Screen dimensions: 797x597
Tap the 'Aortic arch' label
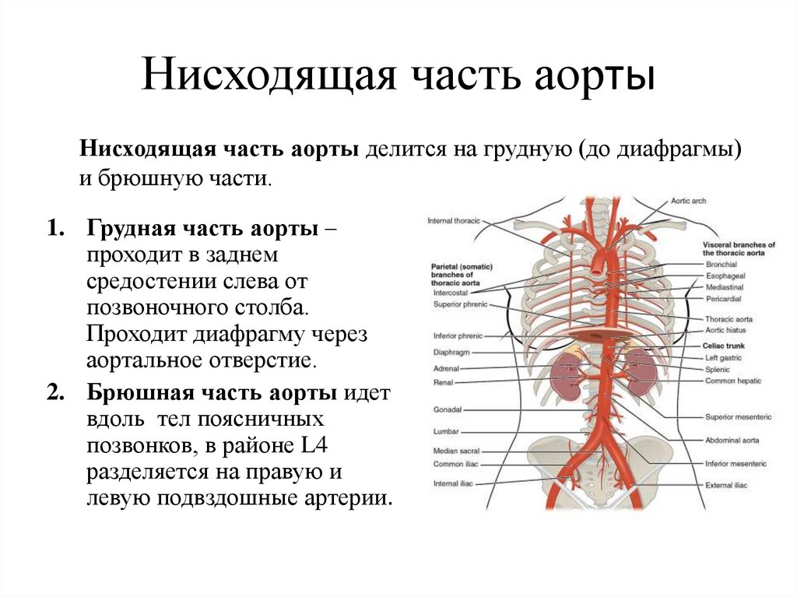pyautogui.click(x=688, y=201)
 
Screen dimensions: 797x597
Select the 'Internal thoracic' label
pyautogui.click(x=454, y=221)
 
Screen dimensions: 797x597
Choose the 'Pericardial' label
pyautogui.click(x=723, y=298)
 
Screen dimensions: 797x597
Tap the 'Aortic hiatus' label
pyautogui.click(x=725, y=331)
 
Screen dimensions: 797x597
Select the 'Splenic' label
pyautogui.click(x=718, y=369)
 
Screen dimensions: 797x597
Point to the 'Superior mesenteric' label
pyautogui.click(x=738, y=417)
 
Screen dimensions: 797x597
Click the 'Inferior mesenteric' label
pyautogui.click(x=736, y=463)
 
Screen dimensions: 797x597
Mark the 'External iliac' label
pyautogui.click(x=725, y=485)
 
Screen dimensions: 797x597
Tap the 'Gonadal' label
pyautogui.click(x=448, y=409)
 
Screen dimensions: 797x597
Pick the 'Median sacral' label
pyautogui.click(x=456, y=451)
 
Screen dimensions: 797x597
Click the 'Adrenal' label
pyautogui.click(x=447, y=367)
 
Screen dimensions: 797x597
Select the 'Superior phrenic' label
pyautogui.click(x=460, y=304)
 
